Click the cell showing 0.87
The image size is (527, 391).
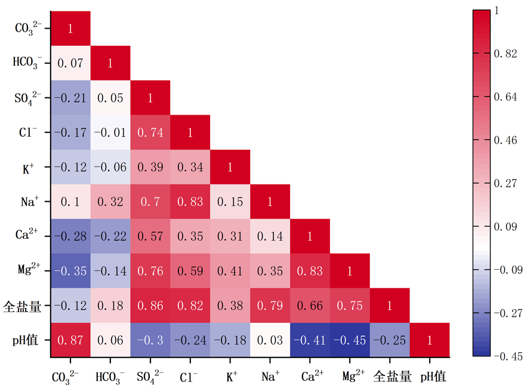(x=70, y=340)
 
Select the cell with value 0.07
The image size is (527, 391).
(x=70, y=63)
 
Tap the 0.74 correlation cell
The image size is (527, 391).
(x=150, y=132)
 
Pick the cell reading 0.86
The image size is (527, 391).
(x=150, y=305)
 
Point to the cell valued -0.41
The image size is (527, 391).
(x=310, y=340)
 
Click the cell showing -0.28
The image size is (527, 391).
(x=70, y=236)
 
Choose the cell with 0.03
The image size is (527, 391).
(x=270, y=340)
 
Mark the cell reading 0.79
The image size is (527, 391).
(x=270, y=305)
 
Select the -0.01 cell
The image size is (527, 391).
(x=110, y=132)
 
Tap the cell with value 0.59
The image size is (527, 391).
(x=190, y=270)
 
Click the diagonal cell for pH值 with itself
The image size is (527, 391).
(x=430, y=340)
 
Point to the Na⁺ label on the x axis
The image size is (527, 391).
(x=270, y=376)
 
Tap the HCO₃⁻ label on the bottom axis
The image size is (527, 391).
(x=110, y=377)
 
